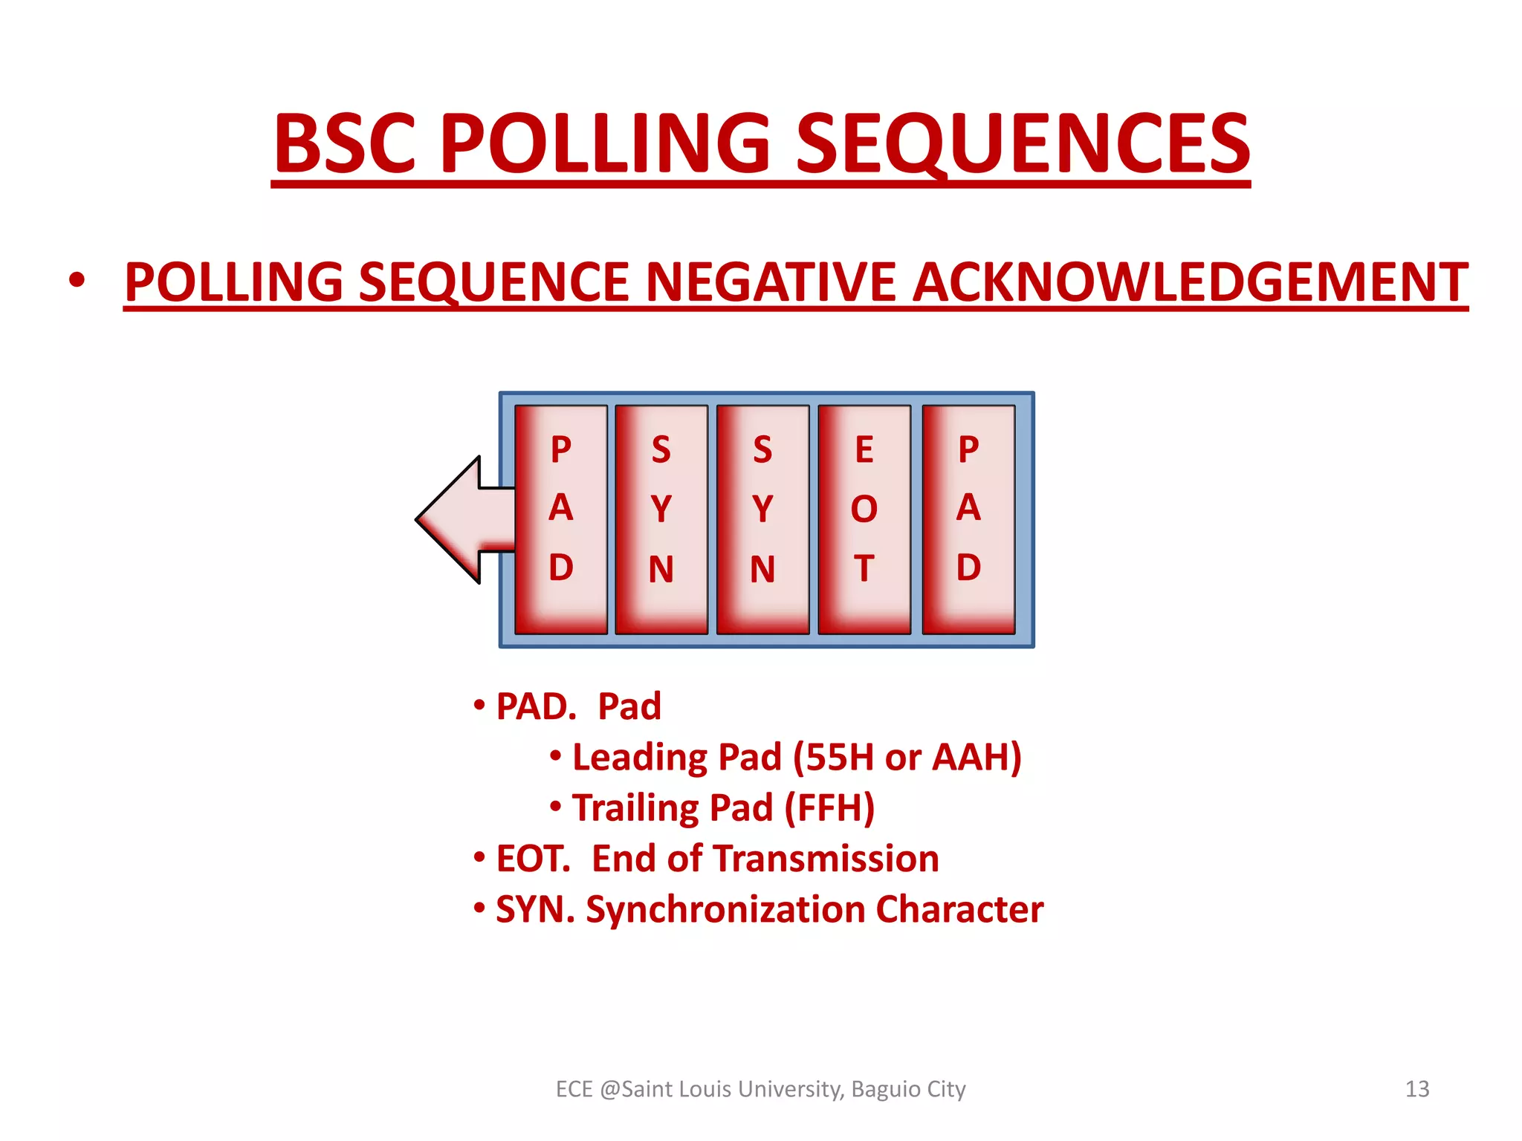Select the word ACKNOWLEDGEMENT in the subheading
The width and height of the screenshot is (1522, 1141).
[1190, 282]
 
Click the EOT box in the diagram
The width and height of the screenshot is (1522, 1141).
[864, 519]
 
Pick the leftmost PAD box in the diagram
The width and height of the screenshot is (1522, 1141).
[561, 519]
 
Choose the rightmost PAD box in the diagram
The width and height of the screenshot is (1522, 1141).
[968, 519]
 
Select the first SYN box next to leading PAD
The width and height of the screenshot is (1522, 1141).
[661, 519]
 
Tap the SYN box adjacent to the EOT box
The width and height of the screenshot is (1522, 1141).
[762, 519]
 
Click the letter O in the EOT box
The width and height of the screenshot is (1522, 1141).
[864, 510]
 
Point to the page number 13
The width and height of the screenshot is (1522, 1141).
[1416, 1089]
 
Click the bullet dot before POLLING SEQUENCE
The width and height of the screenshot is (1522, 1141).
[77, 281]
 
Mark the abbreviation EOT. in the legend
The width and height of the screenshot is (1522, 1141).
[533, 859]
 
